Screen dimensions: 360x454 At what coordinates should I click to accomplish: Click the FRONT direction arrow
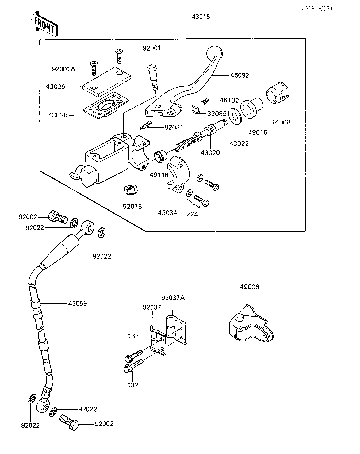click(44, 24)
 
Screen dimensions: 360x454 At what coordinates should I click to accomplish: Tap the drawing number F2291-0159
click(317, 9)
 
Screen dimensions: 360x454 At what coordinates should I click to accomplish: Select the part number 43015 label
click(201, 17)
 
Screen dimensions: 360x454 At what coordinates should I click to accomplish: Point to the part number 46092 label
click(239, 75)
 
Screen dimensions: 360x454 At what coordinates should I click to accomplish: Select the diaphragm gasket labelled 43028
click(106, 105)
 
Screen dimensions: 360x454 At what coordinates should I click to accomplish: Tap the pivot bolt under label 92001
click(153, 77)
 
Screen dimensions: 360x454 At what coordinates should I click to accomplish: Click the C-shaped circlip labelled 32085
click(196, 109)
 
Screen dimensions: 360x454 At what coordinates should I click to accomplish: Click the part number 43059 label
click(78, 303)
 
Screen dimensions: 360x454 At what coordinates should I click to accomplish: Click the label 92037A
click(173, 298)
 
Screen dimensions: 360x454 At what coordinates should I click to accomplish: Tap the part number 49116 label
click(159, 175)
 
